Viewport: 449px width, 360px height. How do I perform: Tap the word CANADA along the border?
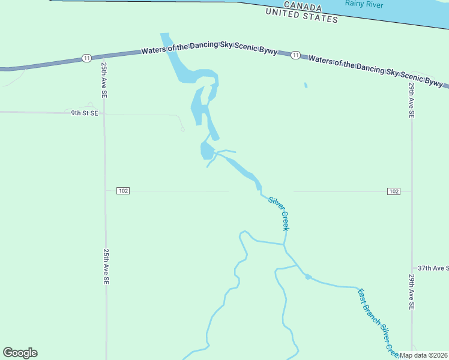(294, 6)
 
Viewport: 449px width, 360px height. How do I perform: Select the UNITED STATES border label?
(302, 16)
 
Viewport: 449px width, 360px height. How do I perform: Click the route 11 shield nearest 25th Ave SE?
(87, 58)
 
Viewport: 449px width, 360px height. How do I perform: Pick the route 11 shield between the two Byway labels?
(295, 55)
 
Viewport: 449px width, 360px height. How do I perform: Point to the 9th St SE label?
(84, 113)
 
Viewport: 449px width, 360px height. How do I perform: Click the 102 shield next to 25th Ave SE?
(123, 191)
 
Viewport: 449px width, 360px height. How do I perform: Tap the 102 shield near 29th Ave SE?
(393, 191)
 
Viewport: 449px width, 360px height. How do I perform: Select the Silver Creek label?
(280, 214)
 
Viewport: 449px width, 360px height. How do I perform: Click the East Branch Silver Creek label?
(376, 321)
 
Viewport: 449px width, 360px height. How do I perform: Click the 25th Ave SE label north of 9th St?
(104, 79)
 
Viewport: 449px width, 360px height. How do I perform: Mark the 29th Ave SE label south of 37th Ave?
(412, 292)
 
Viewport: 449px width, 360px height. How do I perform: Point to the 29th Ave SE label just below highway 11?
(412, 100)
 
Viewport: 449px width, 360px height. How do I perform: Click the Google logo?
(20, 353)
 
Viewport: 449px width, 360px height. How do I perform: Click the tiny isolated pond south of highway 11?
(306, 85)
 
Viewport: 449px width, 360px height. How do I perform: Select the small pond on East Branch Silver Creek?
(308, 277)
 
